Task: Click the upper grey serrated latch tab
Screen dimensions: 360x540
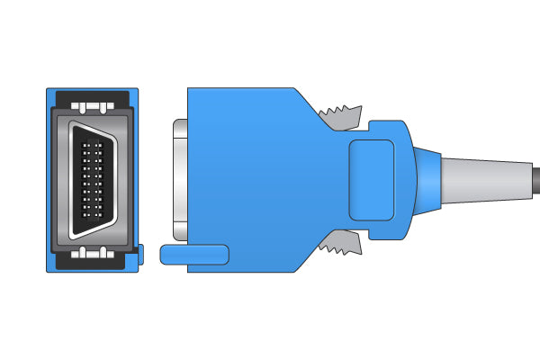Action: (342, 115)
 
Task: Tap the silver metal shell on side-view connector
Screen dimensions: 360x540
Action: (178, 180)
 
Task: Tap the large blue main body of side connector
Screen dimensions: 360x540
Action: (252, 180)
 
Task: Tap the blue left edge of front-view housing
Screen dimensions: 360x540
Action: (49, 180)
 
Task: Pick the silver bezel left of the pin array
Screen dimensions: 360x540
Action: (63, 179)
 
